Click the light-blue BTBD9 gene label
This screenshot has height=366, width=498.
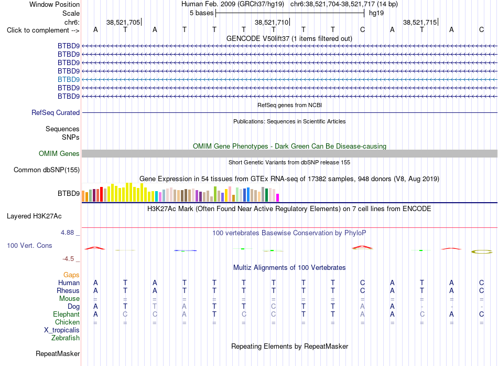(x=69, y=80)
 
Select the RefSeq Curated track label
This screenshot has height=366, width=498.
(x=56, y=113)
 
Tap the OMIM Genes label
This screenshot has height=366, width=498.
(x=59, y=154)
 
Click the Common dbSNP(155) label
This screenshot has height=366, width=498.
(x=47, y=170)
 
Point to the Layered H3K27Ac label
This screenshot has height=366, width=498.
(x=34, y=216)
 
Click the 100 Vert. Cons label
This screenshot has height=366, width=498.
(x=29, y=246)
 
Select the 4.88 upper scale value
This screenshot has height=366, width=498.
(x=67, y=233)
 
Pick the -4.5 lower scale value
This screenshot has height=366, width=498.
(x=68, y=259)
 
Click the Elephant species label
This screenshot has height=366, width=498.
(x=67, y=315)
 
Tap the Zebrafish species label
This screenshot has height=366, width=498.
(x=66, y=338)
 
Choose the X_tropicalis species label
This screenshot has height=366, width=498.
(x=62, y=330)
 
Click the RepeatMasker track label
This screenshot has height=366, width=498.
(x=58, y=354)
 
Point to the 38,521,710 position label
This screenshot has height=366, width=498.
(x=272, y=22)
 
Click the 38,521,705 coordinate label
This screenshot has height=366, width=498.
(x=123, y=22)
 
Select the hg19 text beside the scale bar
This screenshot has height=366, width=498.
(x=376, y=13)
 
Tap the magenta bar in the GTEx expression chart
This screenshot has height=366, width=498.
(x=278, y=197)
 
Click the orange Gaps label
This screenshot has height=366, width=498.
(x=71, y=275)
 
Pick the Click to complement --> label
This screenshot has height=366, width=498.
(x=43, y=30)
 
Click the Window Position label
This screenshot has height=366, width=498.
(x=55, y=4)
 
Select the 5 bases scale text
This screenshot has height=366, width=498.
(x=202, y=13)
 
